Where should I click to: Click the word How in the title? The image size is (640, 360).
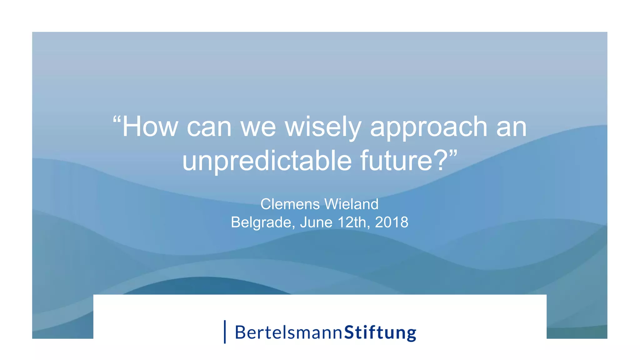[150, 127]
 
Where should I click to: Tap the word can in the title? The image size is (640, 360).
[209, 127]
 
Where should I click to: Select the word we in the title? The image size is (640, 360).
[258, 127]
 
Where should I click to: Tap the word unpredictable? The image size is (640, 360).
[267, 161]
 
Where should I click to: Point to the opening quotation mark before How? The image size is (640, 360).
[117, 120]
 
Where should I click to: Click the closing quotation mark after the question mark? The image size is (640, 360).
[453, 153]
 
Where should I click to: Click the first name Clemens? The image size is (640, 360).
[290, 204]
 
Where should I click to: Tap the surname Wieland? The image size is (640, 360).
[351, 204]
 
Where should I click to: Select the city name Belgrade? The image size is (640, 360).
[262, 222]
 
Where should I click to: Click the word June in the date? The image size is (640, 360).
[316, 222]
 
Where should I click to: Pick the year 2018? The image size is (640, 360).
[391, 222]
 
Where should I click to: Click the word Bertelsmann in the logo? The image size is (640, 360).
[288, 332]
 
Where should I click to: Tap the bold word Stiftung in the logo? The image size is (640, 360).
[380, 332]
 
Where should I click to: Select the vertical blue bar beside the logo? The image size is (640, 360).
[225, 332]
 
